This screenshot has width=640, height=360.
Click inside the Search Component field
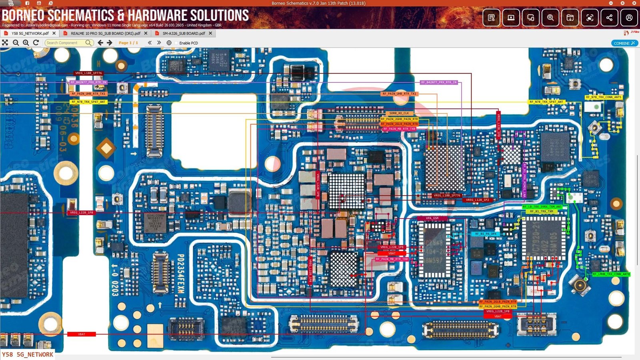point(65,43)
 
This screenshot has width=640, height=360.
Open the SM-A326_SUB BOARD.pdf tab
point(183,34)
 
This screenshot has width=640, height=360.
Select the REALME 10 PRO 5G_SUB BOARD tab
point(105,34)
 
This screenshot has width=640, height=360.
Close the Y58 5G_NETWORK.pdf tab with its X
point(54,33)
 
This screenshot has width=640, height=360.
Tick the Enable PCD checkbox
point(176,43)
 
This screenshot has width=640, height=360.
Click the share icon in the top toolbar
point(609,18)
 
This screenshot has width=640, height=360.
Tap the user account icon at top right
point(629,18)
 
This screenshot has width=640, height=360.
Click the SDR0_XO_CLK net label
point(399,113)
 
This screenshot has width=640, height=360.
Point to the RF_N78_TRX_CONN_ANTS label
point(603,97)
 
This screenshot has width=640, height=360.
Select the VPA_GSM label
point(432,218)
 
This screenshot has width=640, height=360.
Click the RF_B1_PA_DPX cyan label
point(486,234)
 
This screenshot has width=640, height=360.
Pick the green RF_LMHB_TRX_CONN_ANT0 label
point(611,274)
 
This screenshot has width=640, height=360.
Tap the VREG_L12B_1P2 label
point(477,200)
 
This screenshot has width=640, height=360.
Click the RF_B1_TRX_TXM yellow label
point(542,211)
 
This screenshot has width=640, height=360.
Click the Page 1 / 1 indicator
point(128,43)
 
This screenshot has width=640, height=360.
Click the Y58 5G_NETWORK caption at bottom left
point(27,354)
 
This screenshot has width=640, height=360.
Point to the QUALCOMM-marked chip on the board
point(155,222)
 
